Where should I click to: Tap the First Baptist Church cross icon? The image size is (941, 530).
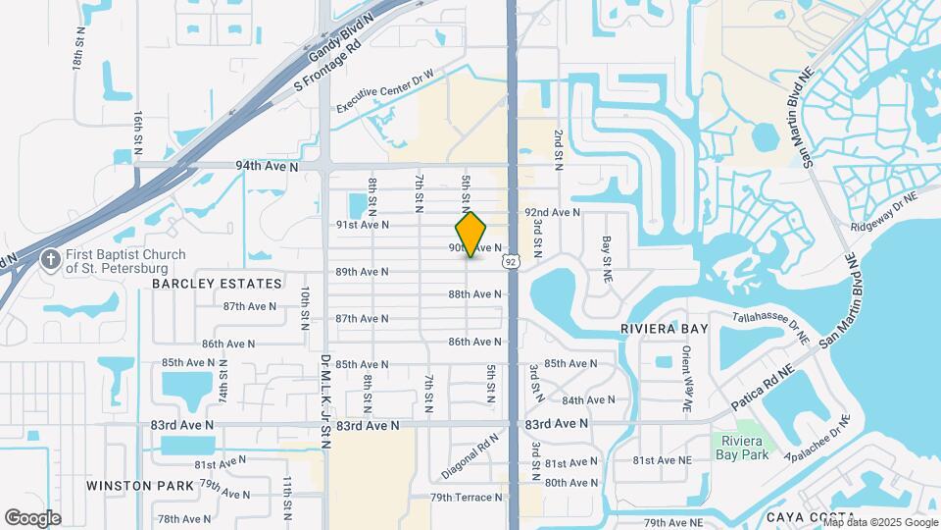(x=50, y=261)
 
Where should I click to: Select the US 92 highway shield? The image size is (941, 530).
(x=510, y=261)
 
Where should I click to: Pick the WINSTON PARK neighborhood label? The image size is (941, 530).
(x=133, y=486)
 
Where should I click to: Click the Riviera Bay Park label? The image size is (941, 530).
(x=740, y=447)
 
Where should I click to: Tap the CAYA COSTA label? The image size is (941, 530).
(x=804, y=517)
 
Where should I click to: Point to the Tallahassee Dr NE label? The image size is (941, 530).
(x=772, y=328)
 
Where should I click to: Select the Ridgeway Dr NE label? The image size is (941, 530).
(x=884, y=212)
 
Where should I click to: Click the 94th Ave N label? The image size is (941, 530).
(x=267, y=167)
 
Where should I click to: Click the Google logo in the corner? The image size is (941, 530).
(x=32, y=517)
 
